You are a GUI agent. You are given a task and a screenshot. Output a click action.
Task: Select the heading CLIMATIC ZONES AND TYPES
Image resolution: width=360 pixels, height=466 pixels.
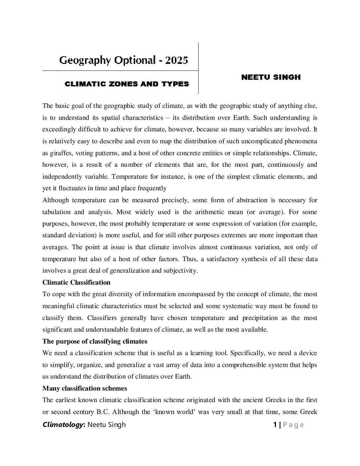click(127, 84)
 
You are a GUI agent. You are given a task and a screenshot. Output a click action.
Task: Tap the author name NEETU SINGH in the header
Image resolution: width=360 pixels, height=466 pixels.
click(271, 77)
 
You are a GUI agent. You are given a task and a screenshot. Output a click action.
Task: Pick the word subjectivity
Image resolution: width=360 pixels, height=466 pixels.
click(180, 271)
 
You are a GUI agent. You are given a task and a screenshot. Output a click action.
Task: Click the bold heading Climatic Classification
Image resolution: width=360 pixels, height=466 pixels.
click(76, 282)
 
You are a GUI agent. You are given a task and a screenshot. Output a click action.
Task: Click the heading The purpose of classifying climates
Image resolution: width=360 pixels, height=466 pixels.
click(95, 341)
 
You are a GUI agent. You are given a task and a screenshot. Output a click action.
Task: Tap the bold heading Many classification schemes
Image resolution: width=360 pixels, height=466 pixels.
click(85, 388)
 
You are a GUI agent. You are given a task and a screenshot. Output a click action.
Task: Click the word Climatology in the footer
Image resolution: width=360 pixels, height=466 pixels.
click(63, 425)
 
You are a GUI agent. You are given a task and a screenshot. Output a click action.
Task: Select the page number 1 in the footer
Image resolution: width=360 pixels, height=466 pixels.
click(275, 425)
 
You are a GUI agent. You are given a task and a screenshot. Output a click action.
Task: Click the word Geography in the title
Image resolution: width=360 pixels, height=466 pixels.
click(85, 60)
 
